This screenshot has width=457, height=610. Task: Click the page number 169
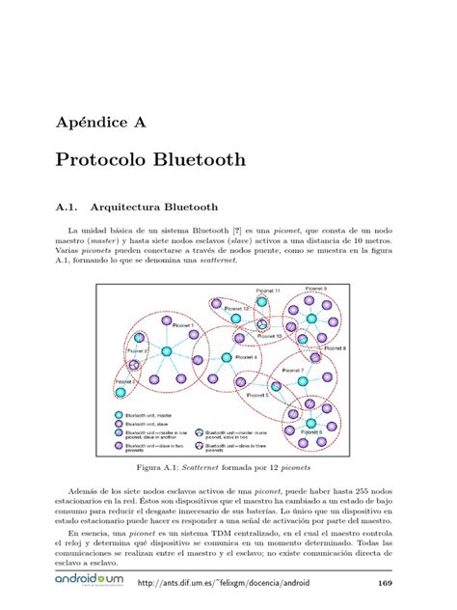pos(384,583)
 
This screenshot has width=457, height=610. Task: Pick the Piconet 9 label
pos(316,289)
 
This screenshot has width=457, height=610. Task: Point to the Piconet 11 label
pos(268,291)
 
